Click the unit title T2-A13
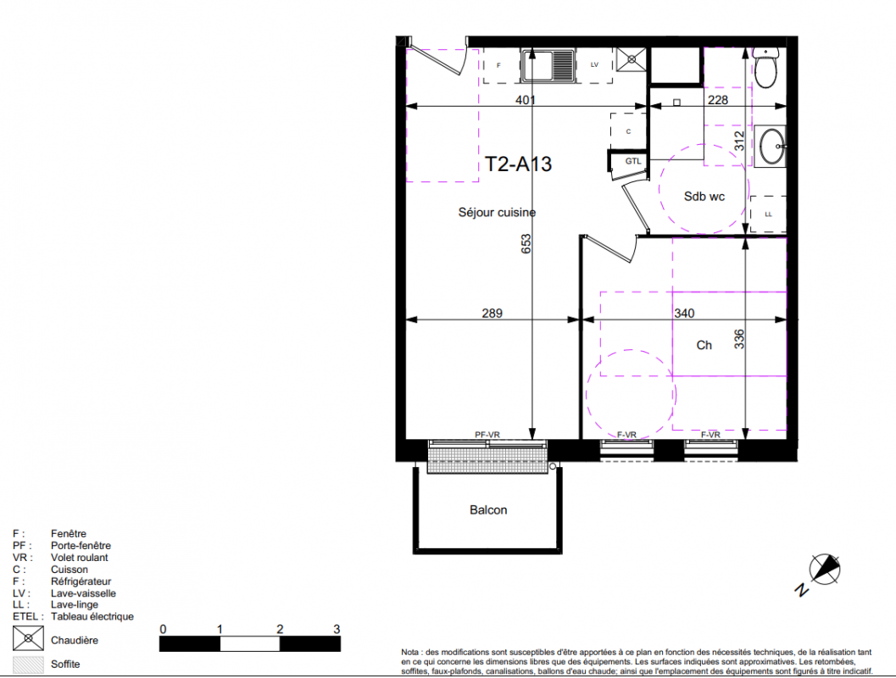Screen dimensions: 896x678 518,164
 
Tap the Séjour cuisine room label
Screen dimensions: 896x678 497,213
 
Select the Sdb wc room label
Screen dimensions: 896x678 704,197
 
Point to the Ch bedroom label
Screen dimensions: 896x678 704,345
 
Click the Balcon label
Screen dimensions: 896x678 488,510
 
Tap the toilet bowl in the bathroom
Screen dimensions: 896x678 765,68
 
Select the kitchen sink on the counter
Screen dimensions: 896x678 548,66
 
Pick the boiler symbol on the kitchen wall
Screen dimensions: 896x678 632,58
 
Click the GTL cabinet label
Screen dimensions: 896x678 632,161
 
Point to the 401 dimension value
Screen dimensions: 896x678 526,100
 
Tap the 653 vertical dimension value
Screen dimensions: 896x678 526,244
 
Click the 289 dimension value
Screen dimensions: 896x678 492,313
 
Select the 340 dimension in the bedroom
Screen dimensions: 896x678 684,313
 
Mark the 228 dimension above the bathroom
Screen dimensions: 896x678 718,100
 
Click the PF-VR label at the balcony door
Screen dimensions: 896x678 487,435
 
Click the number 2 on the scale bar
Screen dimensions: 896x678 280,629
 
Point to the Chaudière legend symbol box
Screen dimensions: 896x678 28,638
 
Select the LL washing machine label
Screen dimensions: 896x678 769,214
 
